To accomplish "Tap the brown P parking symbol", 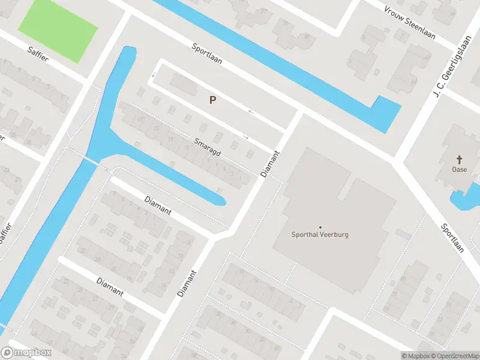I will [212, 100].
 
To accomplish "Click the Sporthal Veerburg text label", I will [320, 235].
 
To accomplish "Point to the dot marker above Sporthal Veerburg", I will [320, 227].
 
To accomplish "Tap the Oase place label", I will [460, 169].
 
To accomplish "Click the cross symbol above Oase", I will [460, 160].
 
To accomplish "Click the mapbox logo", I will [26, 353].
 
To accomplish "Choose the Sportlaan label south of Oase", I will [454, 238].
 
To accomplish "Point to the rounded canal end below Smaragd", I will [220, 200].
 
